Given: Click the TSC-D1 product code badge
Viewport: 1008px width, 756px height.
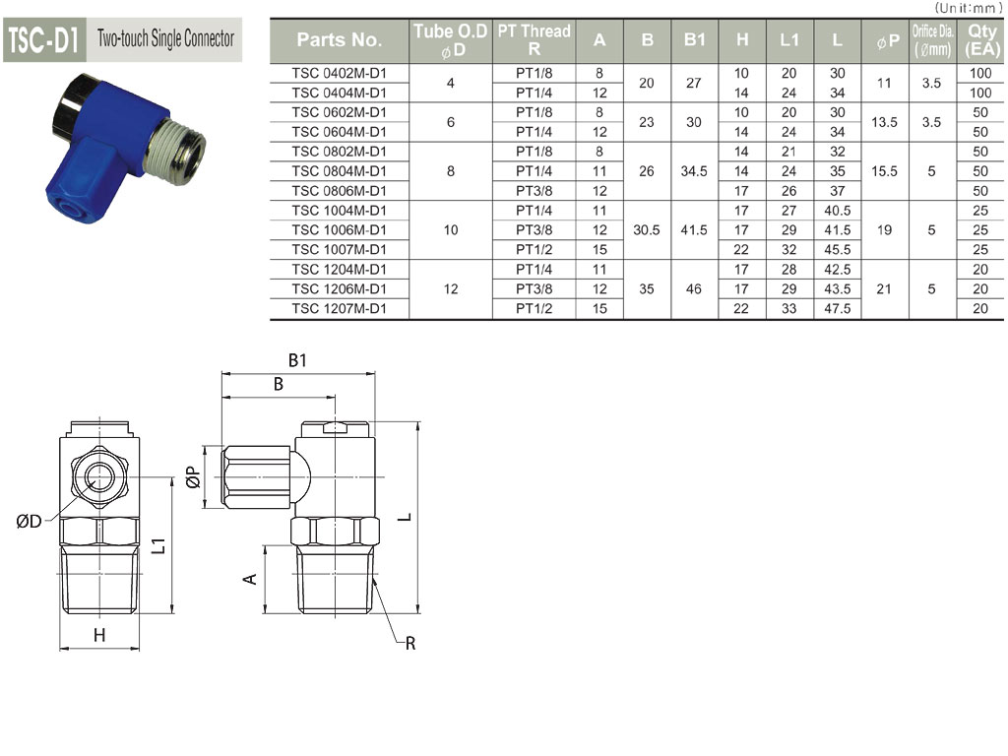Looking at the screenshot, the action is (x=44, y=39).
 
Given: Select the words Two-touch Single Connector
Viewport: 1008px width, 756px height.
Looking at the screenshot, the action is (x=165, y=38).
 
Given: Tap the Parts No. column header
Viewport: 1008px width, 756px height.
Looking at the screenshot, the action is (x=340, y=39).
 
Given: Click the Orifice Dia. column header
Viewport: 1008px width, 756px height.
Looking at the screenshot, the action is (x=932, y=39).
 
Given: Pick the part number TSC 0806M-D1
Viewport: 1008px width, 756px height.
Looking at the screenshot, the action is (x=340, y=191).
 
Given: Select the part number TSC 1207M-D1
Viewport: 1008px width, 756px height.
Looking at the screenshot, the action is (x=340, y=308).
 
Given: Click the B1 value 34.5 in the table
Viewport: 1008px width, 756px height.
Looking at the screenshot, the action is (x=694, y=171).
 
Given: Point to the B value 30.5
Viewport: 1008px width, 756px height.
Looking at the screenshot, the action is (x=646, y=230).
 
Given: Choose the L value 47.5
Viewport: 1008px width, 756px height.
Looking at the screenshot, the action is (x=837, y=308).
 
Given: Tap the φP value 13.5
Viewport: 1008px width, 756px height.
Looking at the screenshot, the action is (x=884, y=122).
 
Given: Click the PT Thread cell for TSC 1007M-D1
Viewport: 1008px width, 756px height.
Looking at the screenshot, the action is (x=534, y=249).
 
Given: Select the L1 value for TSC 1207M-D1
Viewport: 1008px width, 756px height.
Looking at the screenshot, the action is (x=788, y=308).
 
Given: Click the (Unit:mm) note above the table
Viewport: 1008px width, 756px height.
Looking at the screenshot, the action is (x=969, y=8).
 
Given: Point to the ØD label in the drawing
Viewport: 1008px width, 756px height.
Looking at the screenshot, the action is (x=29, y=521).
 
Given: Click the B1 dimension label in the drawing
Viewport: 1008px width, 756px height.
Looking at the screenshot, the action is (x=297, y=360).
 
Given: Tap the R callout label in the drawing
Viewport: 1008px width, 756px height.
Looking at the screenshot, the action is (x=410, y=643).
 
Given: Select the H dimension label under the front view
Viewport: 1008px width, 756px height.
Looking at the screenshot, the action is (x=99, y=635).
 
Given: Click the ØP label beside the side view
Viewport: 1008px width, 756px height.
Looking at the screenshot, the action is (x=193, y=477).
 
